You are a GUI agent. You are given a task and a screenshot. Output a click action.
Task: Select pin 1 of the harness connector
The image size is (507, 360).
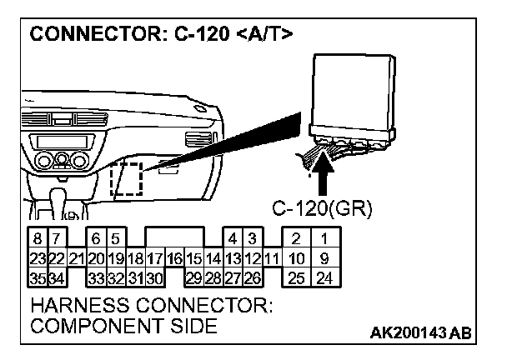click(324, 240)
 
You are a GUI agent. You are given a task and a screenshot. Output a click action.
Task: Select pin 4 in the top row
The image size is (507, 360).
click(233, 240)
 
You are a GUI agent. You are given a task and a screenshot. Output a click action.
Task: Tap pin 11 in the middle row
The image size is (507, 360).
click(270, 257)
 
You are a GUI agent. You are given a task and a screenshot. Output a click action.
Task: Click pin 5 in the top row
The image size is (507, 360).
click(116, 240)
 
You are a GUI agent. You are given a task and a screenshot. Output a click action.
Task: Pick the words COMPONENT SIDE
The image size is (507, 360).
click(123, 327)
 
